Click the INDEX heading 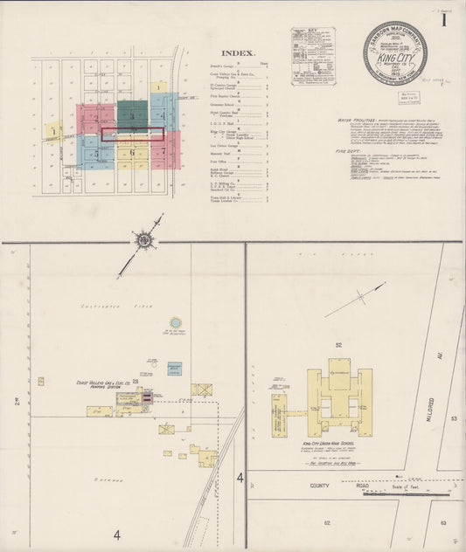(x=238, y=53)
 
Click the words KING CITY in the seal (x=396, y=53)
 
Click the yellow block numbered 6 (x=132, y=153)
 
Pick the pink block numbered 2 (x=96, y=118)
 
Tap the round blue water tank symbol (x=175, y=323)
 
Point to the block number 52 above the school (x=337, y=346)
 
